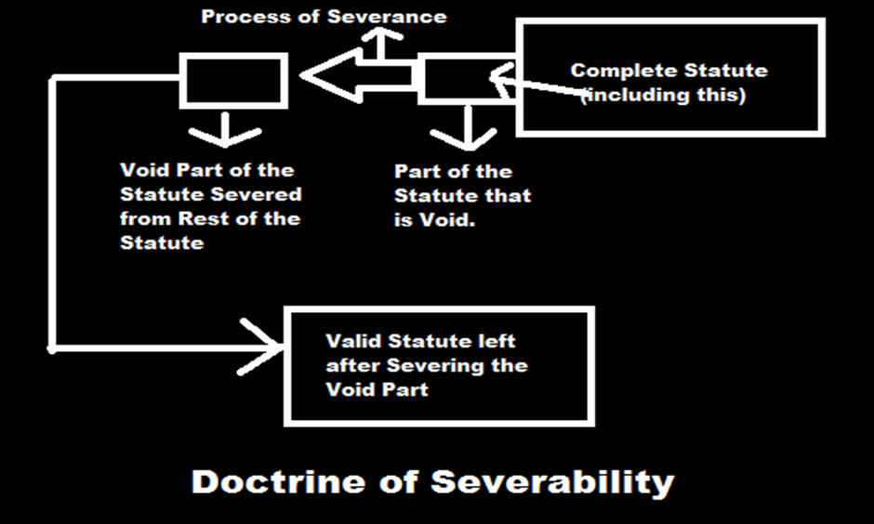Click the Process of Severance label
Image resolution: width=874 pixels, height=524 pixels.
pyautogui.click(x=324, y=17)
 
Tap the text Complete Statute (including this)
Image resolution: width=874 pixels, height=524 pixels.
pyautogui.click(x=669, y=83)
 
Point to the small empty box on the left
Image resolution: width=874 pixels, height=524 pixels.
pyautogui.click(x=233, y=79)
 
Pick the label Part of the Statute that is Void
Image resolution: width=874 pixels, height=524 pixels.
pyautogui.click(x=462, y=196)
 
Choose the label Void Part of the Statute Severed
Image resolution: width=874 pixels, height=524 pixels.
pyautogui.click(x=211, y=206)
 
